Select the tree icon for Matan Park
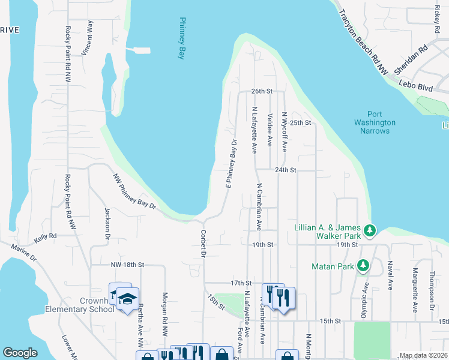pyautogui.click(x=363, y=265)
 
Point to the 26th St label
pyautogui.click(x=262, y=91)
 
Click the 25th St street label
pyautogui.click(x=300, y=122)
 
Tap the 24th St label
pyautogui.click(x=286, y=170)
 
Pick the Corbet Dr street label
pyautogui.click(x=203, y=243)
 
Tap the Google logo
pyautogui.click(x=20, y=353)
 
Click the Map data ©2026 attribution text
pyautogui.click(x=423, y=355)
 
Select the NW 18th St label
pyautogui.click(x=128, y=264)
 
